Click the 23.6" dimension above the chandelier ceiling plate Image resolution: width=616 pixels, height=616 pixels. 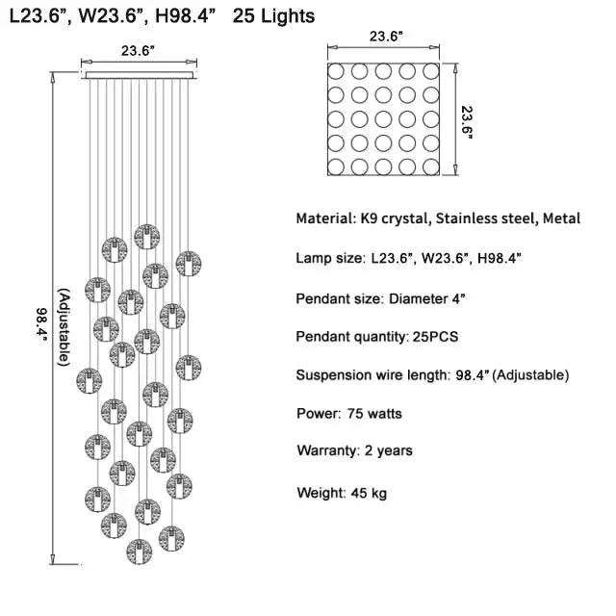pyautogui.click(x=141, y=51)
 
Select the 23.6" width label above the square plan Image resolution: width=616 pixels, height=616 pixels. pyautogui.click(x=387, y=38)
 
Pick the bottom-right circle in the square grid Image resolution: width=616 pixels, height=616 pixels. pyautogui.click(x=430, y=166)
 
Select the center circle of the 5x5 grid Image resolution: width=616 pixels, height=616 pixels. pyautogui.click(x=384, y=119)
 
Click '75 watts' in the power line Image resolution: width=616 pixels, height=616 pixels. pyautogui.click(x=372, y=414)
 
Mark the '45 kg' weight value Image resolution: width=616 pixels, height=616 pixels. pyautogui.click(x=367, y=493)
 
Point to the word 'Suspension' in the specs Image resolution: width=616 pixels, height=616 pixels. pyautogui.click(x=330, y=374)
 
